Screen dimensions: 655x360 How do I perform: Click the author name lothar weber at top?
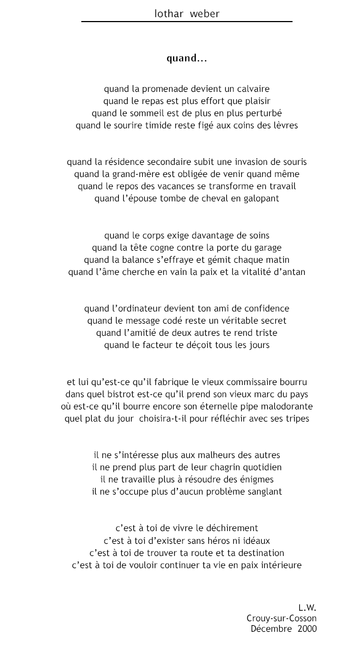(x=187, y=14)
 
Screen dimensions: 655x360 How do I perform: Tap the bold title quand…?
(x=187, y=58)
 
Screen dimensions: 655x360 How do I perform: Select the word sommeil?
(x=157, y=113)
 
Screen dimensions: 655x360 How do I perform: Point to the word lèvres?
(x=285, y=125)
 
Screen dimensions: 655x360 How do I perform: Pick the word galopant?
(x=259, y=199)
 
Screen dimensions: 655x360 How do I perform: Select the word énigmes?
(x=256, y=479)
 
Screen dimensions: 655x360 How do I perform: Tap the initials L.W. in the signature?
(x=307, y=607)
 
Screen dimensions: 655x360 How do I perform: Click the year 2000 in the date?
(x=307, y=628)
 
